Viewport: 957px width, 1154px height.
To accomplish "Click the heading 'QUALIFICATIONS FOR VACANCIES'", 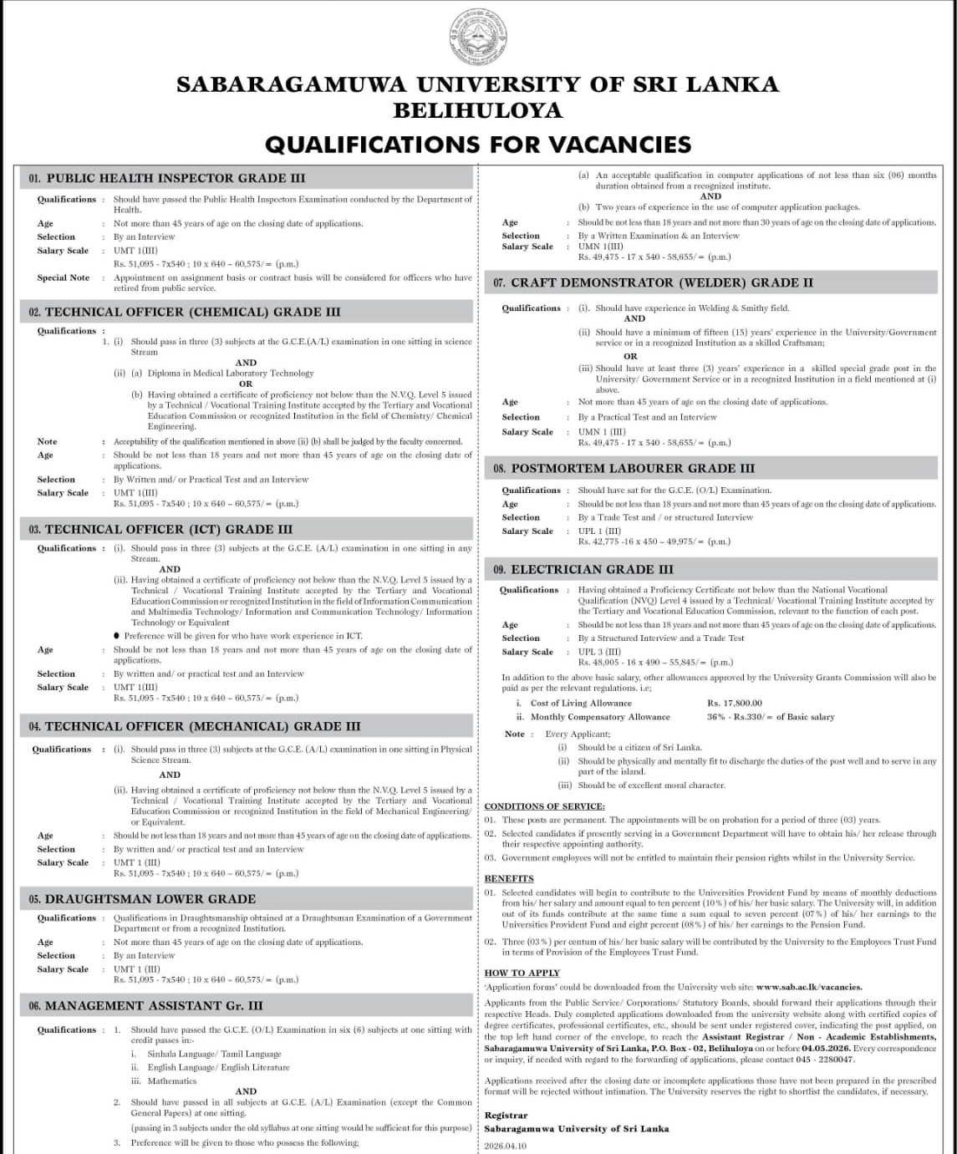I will pyautogui.click(x=478, y=145).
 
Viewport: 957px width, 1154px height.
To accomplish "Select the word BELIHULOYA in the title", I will pyautogui.click(x=478, y=110).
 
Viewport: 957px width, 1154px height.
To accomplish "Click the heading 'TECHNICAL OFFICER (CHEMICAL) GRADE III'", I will pyautogui.click(x=192, y=312).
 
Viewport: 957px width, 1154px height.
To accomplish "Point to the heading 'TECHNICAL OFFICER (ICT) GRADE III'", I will pyautogui.click(x=168, y=529).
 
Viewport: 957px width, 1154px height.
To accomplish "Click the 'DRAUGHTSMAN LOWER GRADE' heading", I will pyautogui.click(x=150, y=899).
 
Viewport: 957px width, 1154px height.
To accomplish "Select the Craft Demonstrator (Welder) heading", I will pyautogui.click(x=661, y=282).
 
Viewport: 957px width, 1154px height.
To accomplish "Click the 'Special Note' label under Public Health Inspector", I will pyautogui.click(x=63, y=277).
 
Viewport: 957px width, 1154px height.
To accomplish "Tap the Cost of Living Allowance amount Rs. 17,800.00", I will pyautogui.click(x=735, y=704).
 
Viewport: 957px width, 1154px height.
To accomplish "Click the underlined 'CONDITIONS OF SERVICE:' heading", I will pyautogui.click(x=545, y=806).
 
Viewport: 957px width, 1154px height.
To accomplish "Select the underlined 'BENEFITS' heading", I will pyautogui.click(x=509, y=878).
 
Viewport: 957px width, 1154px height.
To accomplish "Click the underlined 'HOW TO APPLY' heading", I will pyautogui.click(x=522, y=973).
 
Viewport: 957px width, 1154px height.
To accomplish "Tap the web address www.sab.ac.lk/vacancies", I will pyautogui.click(x=808, y=987).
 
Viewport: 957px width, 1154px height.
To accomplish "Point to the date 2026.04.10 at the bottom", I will pyautogui.click(x=506, y=1146).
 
